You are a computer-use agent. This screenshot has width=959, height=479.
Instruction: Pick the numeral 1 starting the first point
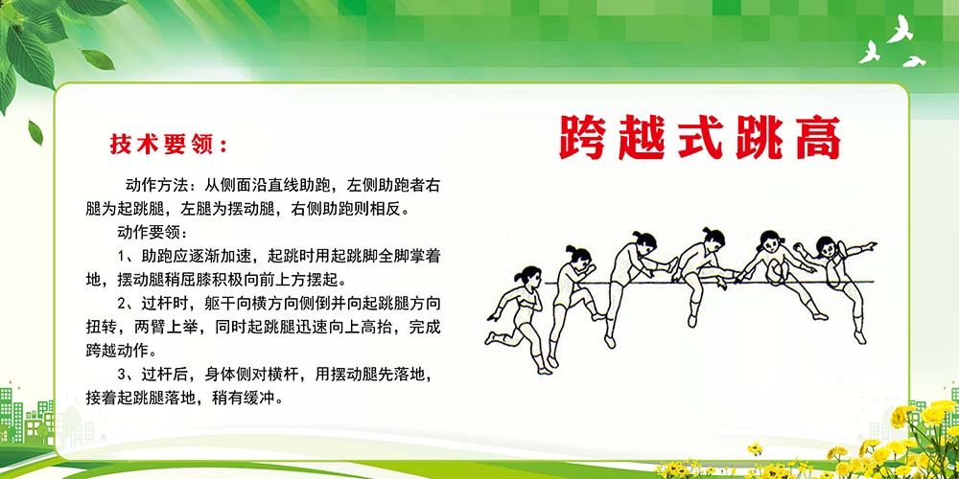(123, 256)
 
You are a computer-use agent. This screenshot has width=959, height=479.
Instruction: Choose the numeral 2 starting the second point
(123, 304)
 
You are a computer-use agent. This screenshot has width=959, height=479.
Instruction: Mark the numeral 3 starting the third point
(123, 375)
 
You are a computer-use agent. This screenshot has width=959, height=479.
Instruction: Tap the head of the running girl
(526, 276)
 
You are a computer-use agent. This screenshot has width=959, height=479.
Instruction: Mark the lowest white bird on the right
(915, 62)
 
